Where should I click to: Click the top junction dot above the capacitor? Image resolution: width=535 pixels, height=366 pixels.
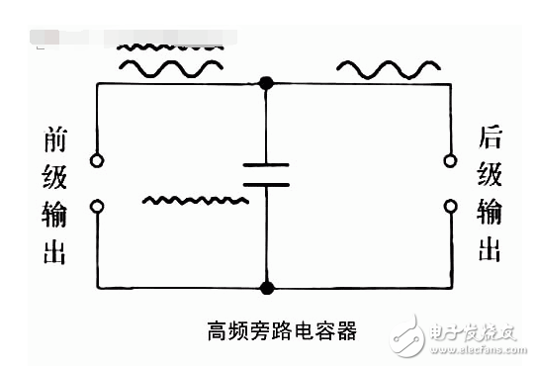[266, 84]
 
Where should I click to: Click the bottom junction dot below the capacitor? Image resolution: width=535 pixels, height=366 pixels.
[266, 288]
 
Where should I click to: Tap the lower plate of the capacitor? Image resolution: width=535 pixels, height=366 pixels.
[266, 183]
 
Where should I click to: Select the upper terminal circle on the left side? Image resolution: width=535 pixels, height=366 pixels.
[96, 160]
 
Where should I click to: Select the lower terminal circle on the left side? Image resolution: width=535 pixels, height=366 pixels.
[96, 206]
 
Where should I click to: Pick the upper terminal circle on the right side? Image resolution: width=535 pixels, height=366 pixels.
[450, 160]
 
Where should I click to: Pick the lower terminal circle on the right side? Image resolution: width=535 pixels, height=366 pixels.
[450, 206]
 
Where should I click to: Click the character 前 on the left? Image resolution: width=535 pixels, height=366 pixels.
[54, 141]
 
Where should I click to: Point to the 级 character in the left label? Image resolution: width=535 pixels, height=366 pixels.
[54, 178]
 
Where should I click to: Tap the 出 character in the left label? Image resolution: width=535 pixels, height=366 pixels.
[54, 251]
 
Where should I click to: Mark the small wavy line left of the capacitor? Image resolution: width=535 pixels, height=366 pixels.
[193, 201]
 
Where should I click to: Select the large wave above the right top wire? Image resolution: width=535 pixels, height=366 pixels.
[389, 68]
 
